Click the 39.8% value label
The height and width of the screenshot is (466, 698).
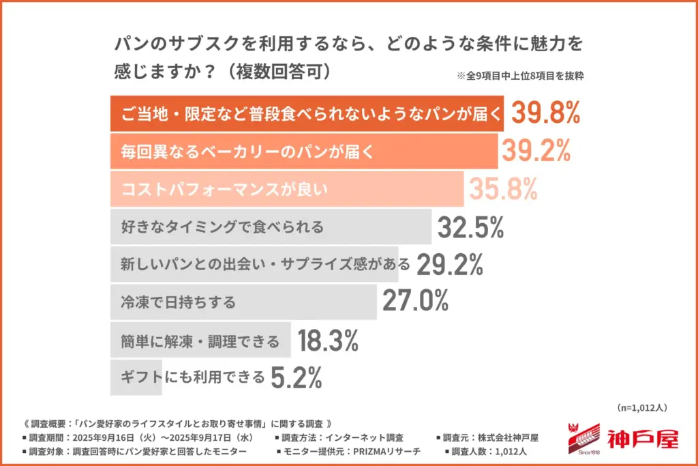point(545,113)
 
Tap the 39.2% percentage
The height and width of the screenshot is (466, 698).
point(536,151)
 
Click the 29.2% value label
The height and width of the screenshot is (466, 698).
point(449,264)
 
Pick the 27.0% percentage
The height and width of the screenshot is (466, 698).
point(415,301)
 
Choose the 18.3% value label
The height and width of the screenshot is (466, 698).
point(328,340)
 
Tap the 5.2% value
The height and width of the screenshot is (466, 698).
point(296,377)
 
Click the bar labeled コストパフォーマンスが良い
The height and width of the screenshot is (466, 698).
point(286,189)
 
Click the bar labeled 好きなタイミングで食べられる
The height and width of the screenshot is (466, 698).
point(271,227)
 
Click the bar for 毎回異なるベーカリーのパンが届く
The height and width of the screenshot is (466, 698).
point(303,151)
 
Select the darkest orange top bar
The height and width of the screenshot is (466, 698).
point(307,113)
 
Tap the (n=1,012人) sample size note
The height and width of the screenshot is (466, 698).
point(641,407)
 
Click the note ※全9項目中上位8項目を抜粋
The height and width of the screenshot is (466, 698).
point(520,76)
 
